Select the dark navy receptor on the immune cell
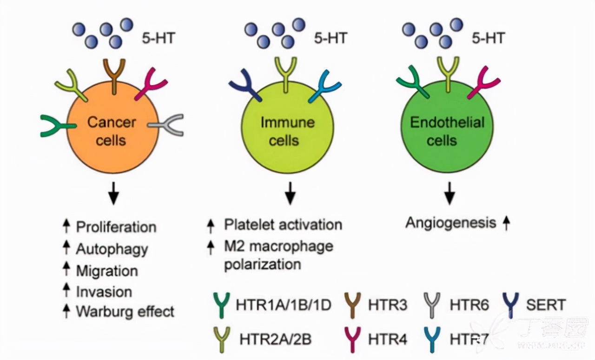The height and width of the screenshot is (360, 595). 244,87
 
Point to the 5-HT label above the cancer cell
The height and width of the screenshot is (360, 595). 159,38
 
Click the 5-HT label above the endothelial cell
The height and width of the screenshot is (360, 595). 488,38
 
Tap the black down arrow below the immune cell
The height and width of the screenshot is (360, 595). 290,193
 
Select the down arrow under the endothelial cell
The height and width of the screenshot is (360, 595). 449,193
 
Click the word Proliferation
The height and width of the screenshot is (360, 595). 116,227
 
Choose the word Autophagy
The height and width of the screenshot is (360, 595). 112,249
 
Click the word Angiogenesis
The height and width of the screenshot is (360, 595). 450,223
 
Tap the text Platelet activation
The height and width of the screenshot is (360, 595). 283,224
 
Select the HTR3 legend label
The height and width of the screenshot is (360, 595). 387,305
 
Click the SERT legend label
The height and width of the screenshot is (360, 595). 546,305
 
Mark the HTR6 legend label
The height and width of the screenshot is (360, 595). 469,305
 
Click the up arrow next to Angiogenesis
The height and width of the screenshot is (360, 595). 506,224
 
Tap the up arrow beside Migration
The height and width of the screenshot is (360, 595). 66,269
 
